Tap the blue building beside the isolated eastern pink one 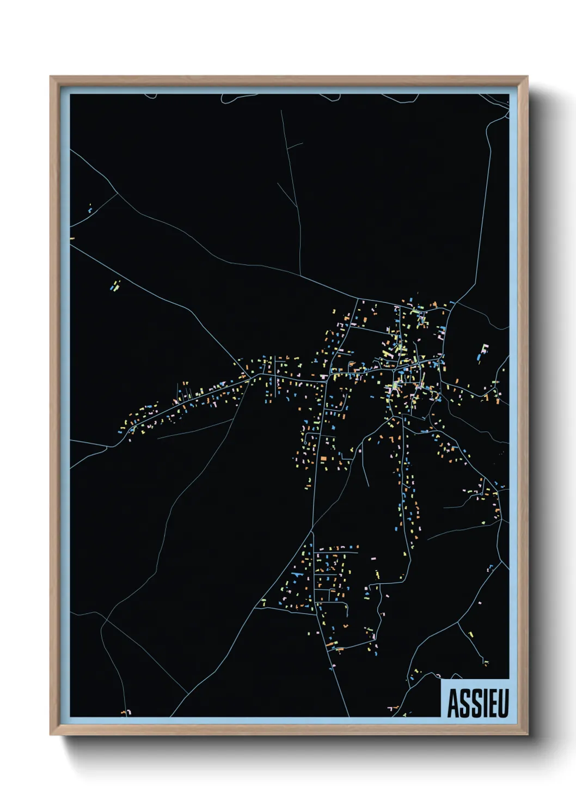point(479,357)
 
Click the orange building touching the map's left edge point(72,238)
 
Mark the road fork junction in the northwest point(118,193)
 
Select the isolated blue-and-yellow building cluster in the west point(115,285)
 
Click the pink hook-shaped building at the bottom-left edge point(126,712)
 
